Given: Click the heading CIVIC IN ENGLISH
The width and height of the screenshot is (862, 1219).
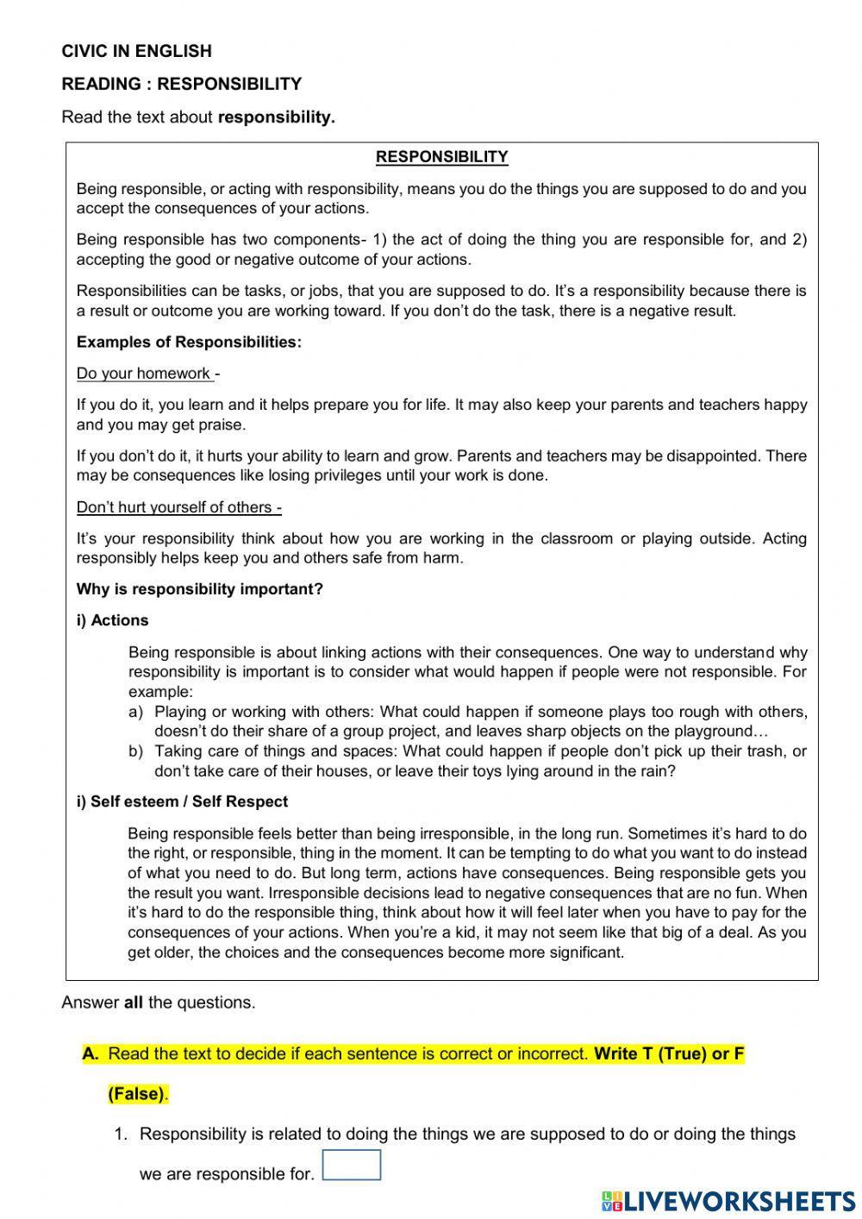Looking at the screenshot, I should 136,51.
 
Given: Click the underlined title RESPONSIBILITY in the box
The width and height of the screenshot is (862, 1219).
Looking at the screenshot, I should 441,157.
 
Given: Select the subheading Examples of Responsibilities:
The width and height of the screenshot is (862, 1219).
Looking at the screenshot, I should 189,342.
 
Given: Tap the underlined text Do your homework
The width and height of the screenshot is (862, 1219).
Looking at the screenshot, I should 145,374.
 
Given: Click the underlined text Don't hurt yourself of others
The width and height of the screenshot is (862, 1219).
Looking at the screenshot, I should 178,507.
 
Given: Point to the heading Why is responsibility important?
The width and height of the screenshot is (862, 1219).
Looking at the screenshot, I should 199,589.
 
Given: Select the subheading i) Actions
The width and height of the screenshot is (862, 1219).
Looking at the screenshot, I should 112,620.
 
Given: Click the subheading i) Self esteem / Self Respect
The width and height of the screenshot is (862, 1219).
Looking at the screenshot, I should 182,801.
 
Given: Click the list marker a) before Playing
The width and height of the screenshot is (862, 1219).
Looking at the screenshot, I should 135,712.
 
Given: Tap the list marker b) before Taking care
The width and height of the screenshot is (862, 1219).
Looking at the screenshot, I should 135,751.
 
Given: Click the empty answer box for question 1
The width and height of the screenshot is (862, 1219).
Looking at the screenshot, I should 351,1165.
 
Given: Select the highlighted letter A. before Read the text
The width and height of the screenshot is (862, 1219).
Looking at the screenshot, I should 91,1053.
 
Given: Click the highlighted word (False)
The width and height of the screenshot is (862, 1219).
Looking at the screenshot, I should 137,1094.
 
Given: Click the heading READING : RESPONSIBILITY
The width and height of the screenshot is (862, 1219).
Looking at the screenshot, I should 181,84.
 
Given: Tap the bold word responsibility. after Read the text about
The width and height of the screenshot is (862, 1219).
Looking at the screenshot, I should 276,117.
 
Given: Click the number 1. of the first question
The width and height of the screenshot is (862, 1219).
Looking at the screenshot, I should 121,1134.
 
